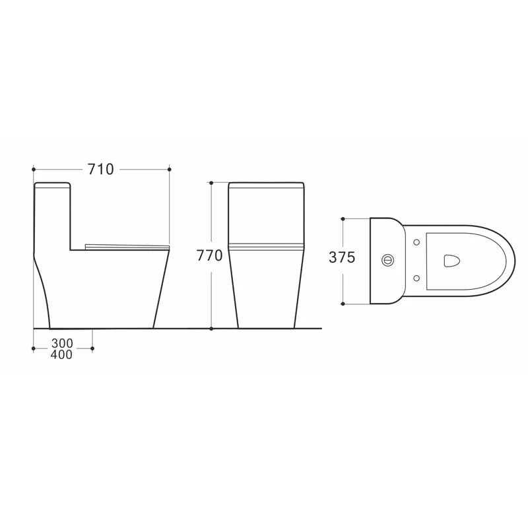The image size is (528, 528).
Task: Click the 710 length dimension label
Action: [101, 170]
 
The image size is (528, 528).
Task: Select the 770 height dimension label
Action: [210, 255]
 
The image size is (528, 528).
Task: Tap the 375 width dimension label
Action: [343, 259]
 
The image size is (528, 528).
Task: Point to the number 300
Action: [61, 344]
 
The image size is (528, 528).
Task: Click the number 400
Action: [61, 355]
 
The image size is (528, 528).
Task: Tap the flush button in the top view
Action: [388, 259]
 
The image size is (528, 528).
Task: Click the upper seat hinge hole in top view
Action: [416, 242]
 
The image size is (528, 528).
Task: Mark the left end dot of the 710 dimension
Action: [33, 170]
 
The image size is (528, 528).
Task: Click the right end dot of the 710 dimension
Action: [170, 170]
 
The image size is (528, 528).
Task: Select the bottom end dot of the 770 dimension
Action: [211, 328]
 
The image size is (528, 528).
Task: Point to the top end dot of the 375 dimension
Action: [344, 218]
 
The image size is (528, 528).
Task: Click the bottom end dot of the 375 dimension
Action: [344, 304]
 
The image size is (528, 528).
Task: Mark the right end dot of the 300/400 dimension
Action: [92, 349]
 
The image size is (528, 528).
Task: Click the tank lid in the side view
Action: [52, 185]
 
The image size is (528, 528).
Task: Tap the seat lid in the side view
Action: [127, 246]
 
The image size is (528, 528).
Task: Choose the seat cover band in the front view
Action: [266, 247]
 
